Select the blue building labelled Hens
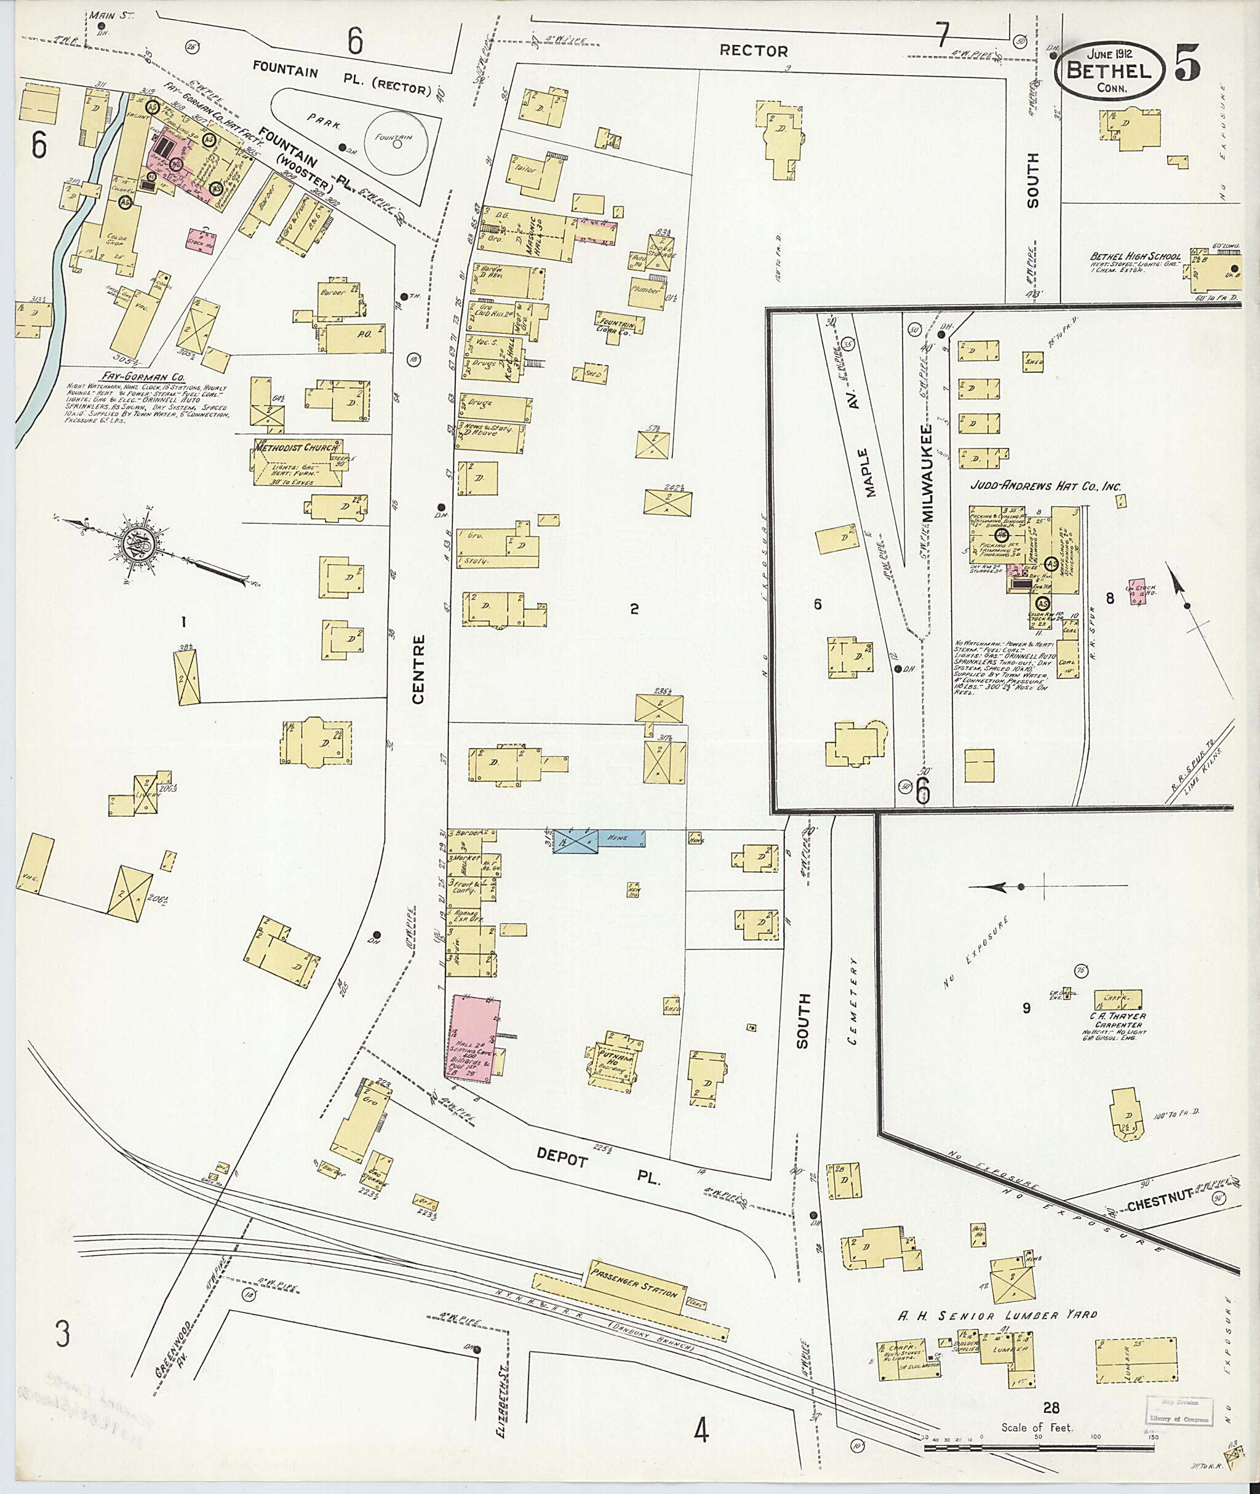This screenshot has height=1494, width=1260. click(x=600, y=838)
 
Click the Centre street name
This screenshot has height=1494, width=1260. click(x=418, y=669)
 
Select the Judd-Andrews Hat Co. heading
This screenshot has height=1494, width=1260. click(x=1046, y=487)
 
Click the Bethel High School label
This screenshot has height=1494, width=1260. click(x=1135, y=256)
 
